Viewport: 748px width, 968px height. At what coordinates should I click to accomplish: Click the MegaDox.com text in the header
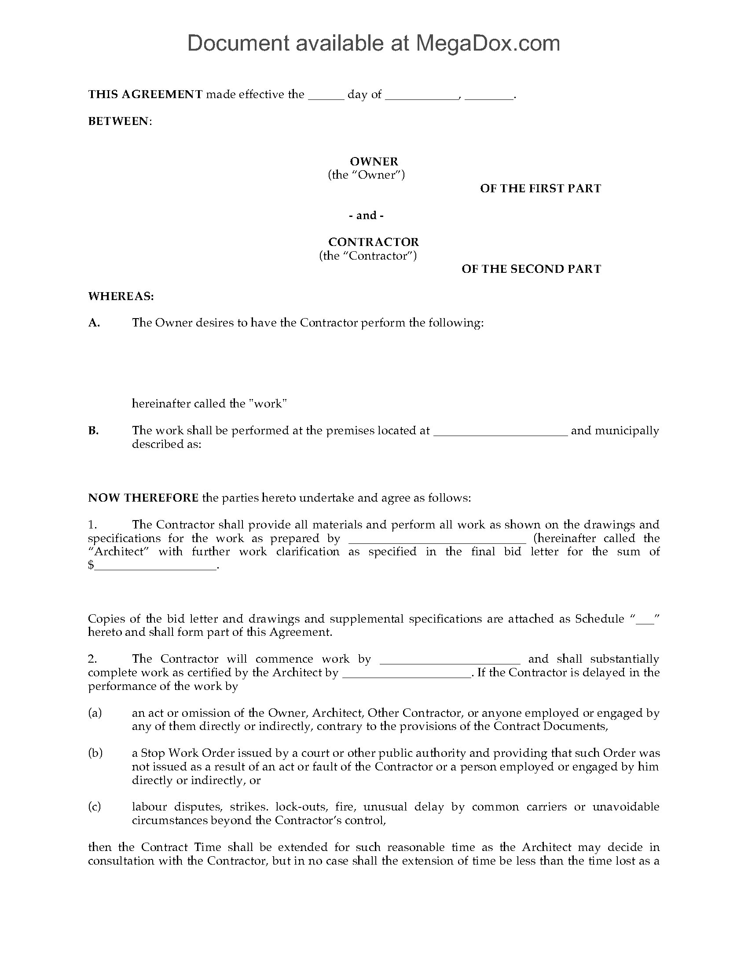487,44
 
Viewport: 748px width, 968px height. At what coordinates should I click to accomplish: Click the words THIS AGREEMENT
145,95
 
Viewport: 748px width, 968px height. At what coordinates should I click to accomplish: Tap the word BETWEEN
119,121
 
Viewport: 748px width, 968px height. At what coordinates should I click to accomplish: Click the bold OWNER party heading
374,161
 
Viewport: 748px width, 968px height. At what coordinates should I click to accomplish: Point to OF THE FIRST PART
540,188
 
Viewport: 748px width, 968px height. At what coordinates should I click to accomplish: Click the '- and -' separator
366,216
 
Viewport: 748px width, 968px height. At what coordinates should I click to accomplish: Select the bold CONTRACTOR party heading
373,242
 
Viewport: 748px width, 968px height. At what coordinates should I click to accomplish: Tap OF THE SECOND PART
531,269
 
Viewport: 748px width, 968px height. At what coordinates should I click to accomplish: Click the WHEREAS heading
121,296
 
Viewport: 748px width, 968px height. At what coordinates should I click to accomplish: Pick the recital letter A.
94,323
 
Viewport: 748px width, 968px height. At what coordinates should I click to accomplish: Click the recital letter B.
93,430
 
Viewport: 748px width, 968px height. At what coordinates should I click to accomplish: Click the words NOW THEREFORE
143,498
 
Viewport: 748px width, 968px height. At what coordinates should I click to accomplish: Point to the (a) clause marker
95,713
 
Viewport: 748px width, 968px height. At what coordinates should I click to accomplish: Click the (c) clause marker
95,807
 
